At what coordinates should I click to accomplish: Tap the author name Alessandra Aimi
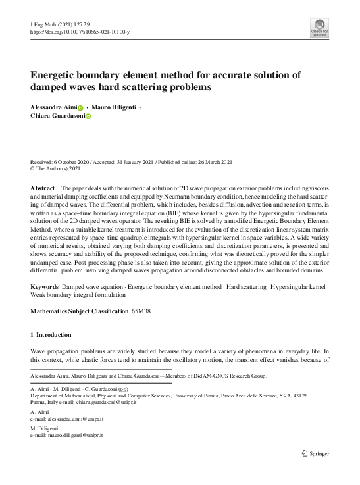pyautogui.click(x=54, y=107)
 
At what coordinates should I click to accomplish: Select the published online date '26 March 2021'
pyautogui.click(x=232, y=162)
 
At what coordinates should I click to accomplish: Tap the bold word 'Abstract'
pyautogui.click(x=43, y=188)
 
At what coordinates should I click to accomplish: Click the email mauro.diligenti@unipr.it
pyautogui.click(x=70, y=436)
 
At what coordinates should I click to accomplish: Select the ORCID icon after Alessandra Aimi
pyautogui.click(x=81, y=107)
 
